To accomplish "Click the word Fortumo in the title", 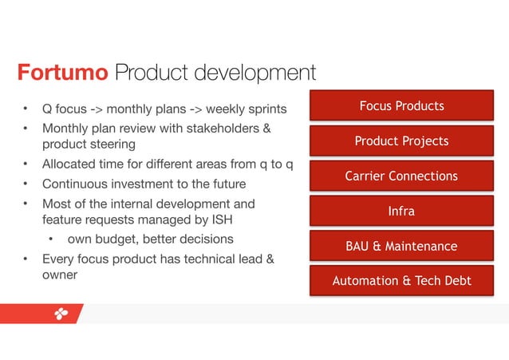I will pos(62,73).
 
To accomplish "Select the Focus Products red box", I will pos(401,106).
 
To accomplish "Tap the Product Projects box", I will pos(401,141).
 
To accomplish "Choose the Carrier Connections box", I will pos(401,176).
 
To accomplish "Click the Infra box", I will pos(401,211).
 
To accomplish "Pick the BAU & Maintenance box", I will pos(401,246).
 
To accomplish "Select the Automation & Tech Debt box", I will pos(401,280).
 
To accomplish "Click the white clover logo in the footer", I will pos(61,314).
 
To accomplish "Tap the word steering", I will pos(112,144).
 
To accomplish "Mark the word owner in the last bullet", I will pos(60,275).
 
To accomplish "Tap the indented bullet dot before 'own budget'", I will pos(51,239).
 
